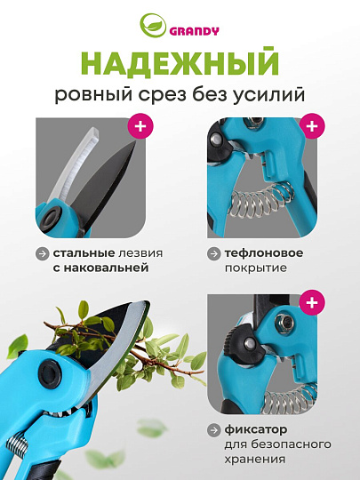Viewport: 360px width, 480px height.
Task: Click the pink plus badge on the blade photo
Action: point(140,126)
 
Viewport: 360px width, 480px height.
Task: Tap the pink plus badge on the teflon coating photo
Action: point(311,126)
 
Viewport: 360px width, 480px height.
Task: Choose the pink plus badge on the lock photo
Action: point(311,304)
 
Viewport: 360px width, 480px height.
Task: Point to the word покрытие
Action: point(255,268)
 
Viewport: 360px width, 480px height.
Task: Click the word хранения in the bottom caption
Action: point(256,459)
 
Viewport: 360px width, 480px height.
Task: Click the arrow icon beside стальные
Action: point(42,253)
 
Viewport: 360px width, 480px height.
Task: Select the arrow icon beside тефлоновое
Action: point(213,253)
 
